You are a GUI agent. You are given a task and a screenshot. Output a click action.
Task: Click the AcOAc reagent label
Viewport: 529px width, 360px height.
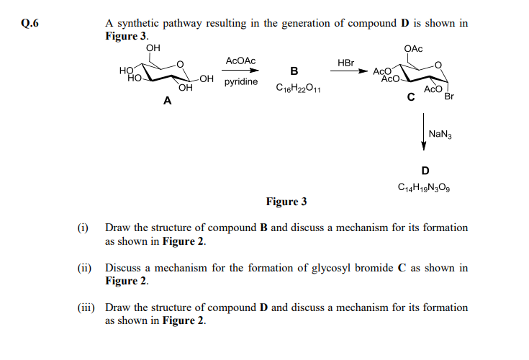240,62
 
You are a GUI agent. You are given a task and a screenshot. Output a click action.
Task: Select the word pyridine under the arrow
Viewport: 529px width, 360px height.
241,83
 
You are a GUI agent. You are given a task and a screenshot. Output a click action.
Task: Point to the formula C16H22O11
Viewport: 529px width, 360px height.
298,90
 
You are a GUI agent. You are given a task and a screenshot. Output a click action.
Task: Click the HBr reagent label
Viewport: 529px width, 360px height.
346,63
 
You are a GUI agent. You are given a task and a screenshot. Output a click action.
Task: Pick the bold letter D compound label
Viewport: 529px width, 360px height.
425,171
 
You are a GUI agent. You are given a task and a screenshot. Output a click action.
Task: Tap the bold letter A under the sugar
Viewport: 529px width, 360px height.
167,102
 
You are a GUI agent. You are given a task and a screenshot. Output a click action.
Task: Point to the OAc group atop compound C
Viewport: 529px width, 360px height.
414,48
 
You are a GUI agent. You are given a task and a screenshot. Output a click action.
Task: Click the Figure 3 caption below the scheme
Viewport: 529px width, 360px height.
286,201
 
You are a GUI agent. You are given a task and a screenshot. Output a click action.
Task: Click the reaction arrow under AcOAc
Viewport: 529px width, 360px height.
240,71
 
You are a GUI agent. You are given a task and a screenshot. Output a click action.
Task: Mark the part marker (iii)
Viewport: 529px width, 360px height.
86,307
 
